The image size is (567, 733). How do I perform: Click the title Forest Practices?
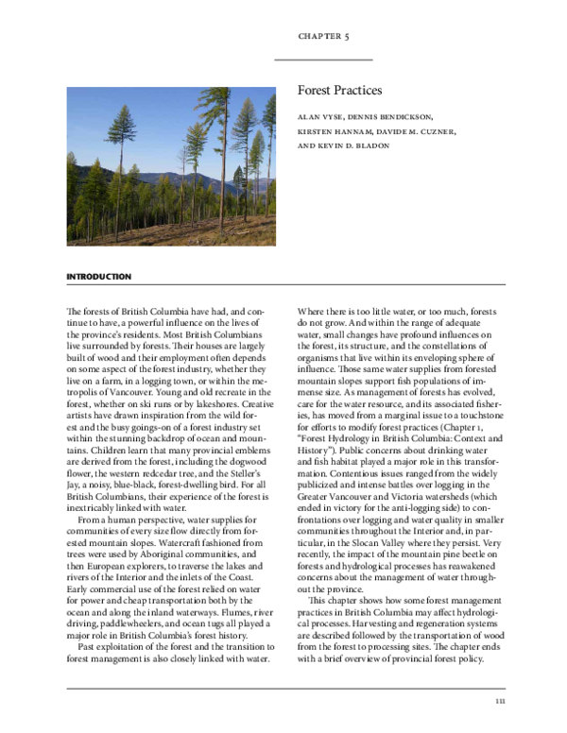tap(339, 91)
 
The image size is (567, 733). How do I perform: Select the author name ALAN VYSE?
tap(321, 117)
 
